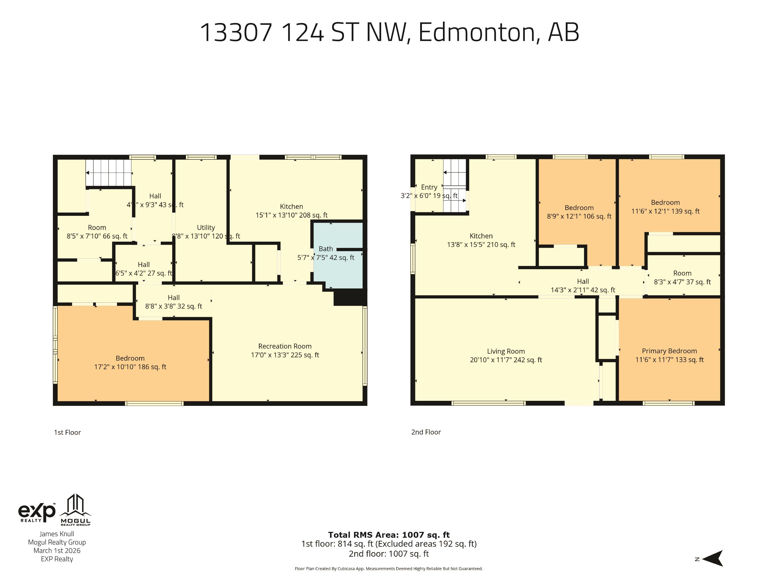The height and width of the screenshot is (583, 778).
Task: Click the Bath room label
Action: tap(326, 249)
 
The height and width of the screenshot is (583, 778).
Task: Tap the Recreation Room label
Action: tap(285, 346)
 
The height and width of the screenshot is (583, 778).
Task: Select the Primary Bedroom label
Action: tap(669, 351)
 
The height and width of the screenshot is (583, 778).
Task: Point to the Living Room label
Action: tap(506, 351)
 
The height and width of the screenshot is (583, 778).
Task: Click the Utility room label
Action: tap(206, 228)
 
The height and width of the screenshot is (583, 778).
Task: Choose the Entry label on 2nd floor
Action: tap(429, 187)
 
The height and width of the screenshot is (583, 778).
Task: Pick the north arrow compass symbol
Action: tap(712, 558)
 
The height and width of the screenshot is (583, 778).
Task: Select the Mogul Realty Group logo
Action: tap(76, 510)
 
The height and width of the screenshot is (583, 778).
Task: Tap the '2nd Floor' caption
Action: tap(426, 432)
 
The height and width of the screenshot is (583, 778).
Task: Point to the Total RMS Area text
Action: tap(389, 535)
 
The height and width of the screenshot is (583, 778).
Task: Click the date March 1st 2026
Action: tap(57, 551)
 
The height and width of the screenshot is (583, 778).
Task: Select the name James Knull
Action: tap(57, 534)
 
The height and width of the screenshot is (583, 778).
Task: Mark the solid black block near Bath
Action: tap(350, 297)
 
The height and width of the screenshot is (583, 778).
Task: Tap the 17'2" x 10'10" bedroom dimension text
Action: tap(130, 367)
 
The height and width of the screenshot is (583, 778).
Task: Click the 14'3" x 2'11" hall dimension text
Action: tap(583, 290)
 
